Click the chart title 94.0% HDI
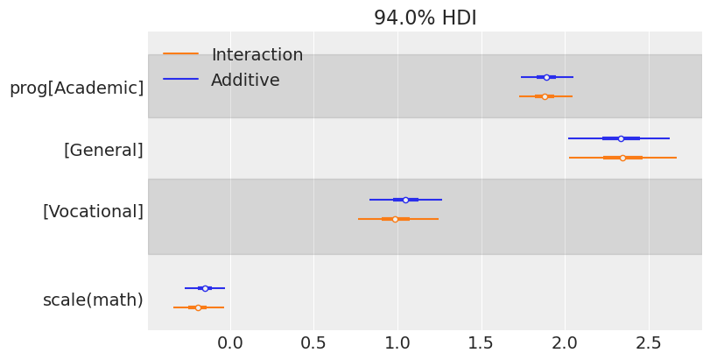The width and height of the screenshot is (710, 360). [x=425, y=18]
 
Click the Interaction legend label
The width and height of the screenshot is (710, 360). [x=257, y=55]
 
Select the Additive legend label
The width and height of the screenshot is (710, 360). [x=245, y=81]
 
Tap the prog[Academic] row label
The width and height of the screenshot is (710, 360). [x=76, y=88]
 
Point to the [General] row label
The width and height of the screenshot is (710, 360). [x=103, y=150]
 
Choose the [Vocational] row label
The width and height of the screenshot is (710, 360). [x=93, y=211]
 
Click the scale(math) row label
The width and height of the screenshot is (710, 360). [x=93, y=300]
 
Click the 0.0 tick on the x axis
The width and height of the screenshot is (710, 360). [x=229, y=342]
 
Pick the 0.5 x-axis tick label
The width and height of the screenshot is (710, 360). [x=313, y=342]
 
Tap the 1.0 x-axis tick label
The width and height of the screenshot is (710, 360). [x=397, y=342]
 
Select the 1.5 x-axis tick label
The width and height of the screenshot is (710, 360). [x=481, y=342]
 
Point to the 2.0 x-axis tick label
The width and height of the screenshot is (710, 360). [x=565, y=342]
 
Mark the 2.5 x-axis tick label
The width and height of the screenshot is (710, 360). [x=649, y=342]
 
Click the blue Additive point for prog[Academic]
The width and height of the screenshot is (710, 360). [x=546, y=77]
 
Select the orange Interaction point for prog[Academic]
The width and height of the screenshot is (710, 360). [x=545, y=96]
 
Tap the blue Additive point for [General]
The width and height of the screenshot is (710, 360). [x=621, y=138]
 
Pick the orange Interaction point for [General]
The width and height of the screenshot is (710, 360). [x=622, y=158]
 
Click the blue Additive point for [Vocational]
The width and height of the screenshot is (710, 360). [x=405, y=200]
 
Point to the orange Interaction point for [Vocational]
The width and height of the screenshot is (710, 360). [x=395, y=219]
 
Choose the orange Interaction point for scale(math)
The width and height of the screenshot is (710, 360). [x=198, y=307]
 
